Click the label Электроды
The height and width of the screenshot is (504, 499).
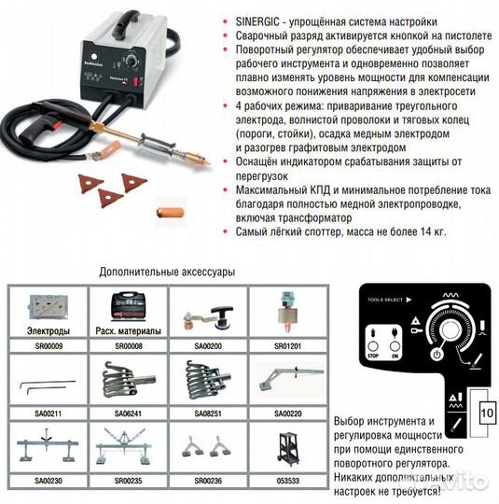pyautogui.click(x=48, y=329)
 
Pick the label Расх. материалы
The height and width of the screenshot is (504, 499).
pyautogui.click(x=128, y=329)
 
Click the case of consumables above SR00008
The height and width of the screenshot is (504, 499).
pyautogui.click(x=128, y=305)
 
